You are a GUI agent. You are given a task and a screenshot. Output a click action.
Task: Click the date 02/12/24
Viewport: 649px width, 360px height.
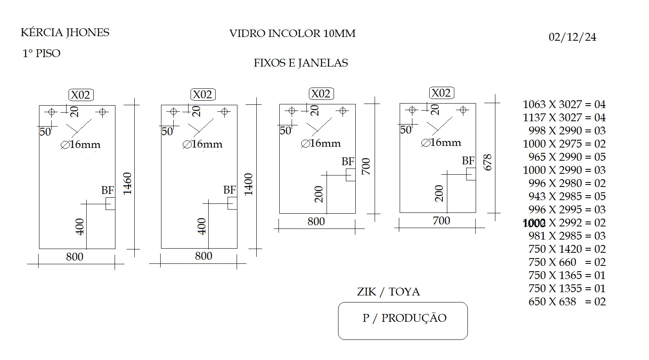(x=572, y=37)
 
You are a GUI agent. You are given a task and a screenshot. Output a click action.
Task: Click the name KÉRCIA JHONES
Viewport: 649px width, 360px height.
(x=65, y=32)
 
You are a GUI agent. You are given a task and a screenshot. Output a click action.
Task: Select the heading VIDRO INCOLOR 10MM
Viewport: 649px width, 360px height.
(x=292, y=34)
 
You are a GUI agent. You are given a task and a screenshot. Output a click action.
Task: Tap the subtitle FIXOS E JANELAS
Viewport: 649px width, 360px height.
(x=301, y=63)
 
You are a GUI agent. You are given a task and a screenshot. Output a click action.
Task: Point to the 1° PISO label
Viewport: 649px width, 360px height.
(x=41, y=53)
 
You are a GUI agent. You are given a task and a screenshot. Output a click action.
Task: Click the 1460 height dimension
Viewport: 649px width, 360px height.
(x=127, y=183)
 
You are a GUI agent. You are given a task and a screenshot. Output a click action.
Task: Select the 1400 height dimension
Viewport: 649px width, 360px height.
(x=249, y=184)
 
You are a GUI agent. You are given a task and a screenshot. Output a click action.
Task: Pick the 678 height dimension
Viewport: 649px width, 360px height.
(x=488, y=162)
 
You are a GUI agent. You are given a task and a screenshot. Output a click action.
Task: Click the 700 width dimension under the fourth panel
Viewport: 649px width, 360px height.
(x=441, y=221)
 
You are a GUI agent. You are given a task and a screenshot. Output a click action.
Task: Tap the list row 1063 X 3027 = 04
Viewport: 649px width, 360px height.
(x=564, y=104)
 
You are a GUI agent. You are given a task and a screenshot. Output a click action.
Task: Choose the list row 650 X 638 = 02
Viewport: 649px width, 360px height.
(x=567, y=302)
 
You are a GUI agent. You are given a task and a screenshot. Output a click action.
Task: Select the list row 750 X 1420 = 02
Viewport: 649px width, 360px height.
(x=567, y=249)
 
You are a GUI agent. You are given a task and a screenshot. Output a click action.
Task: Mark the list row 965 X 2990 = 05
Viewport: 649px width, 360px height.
(x=567, y=157)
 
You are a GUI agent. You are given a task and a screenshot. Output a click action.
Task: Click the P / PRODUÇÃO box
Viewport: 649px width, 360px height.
(x=403, y=321)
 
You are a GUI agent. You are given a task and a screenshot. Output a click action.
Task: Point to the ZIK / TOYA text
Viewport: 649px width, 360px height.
(x=388, y=292)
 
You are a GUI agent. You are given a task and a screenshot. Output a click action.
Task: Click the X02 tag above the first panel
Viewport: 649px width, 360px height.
(x=81, y=95)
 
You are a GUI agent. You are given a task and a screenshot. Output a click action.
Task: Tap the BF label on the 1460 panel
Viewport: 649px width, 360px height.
(x=108, y=190)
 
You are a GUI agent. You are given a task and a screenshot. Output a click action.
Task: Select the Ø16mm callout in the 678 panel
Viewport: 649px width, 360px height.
(x=441, y=143)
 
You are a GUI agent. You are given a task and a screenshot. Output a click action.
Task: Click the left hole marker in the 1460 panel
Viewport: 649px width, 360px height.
(x=52, y=112)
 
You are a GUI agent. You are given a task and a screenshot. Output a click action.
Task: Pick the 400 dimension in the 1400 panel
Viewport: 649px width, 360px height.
(x=202, y=226)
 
